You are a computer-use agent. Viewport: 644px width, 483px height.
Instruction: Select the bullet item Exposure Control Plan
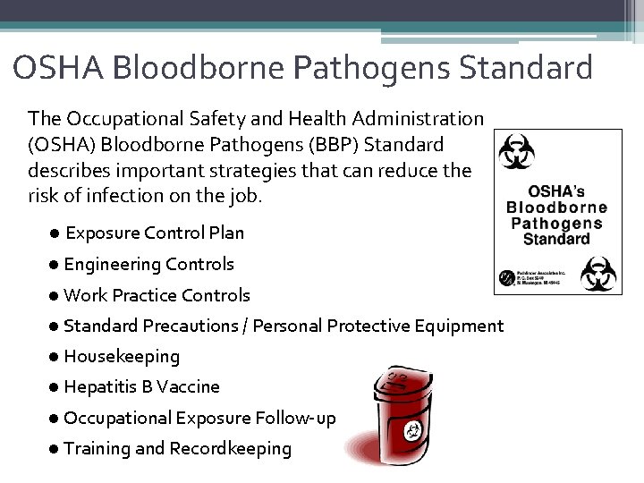tap(154, 233)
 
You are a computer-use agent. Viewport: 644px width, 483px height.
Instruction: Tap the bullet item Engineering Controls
tap(148, 264)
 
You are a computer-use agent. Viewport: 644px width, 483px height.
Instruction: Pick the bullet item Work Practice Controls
tap(157, 294)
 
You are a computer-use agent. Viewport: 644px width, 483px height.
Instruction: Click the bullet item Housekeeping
tap(122, 356)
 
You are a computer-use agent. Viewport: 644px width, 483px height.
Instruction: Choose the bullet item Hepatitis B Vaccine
tap(141, 386)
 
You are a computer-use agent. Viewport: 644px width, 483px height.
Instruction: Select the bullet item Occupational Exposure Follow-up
tap(199, 417)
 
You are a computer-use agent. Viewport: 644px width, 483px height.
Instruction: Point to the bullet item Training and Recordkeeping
tap(177, 448)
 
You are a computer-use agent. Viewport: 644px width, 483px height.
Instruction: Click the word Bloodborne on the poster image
tap(556, 208)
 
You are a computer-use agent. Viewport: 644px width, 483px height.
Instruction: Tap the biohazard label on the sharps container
tap(412, 431)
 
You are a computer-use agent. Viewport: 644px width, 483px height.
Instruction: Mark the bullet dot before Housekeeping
tap(55, 356)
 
